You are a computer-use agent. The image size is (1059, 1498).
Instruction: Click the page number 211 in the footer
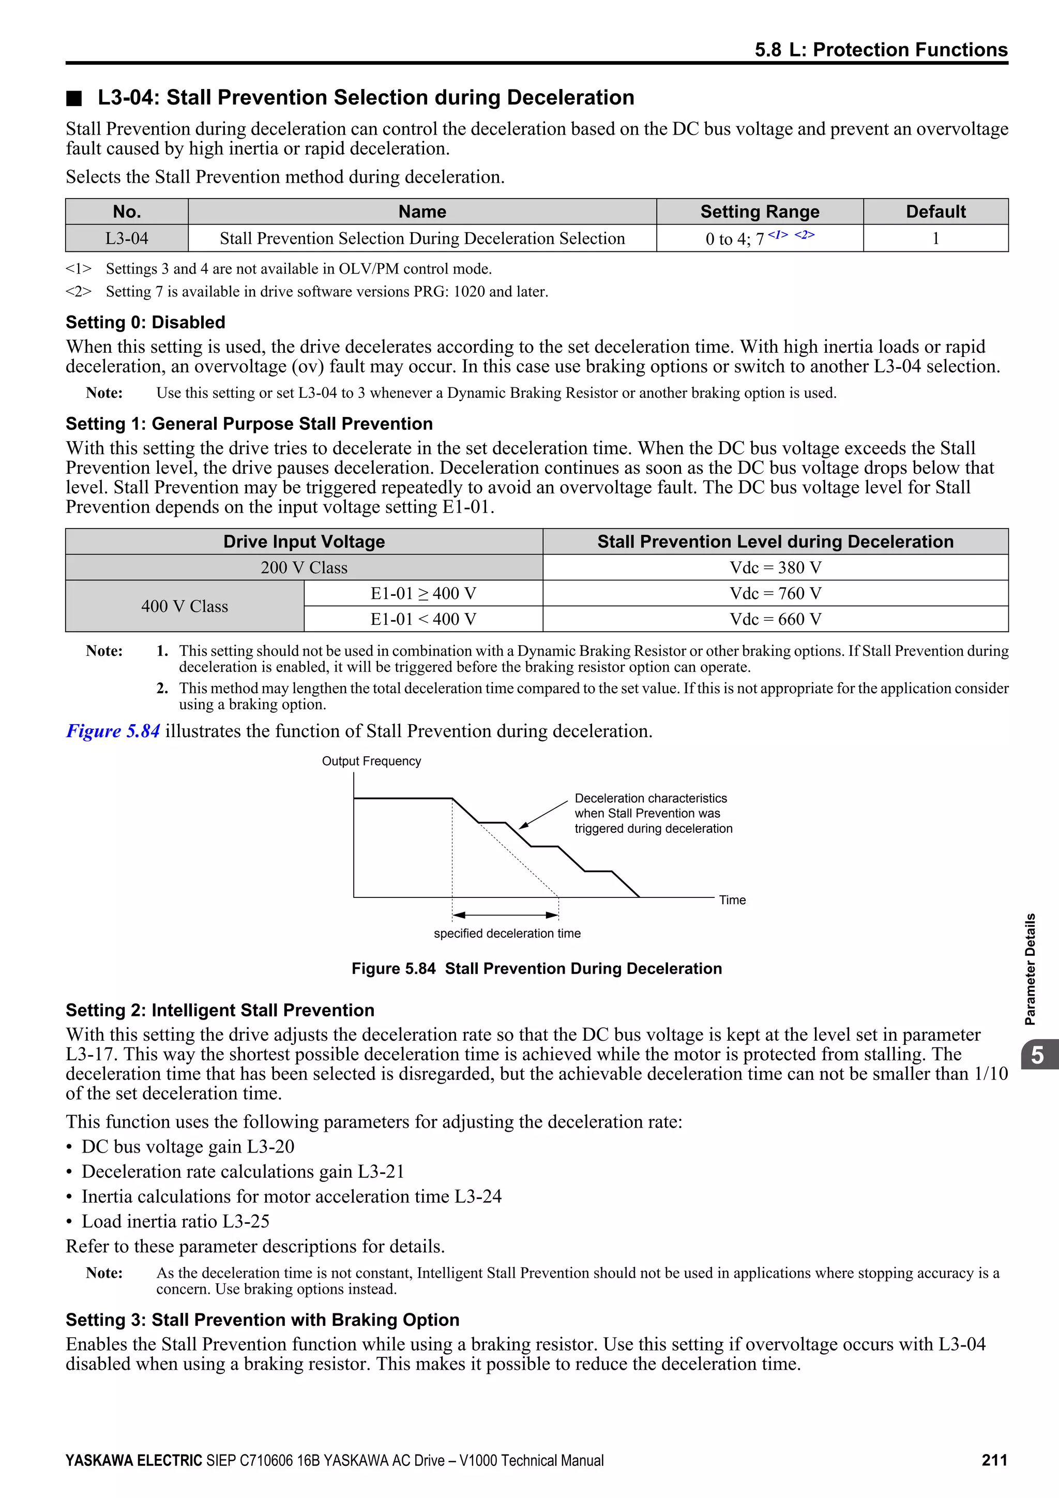[x=994, y=1460]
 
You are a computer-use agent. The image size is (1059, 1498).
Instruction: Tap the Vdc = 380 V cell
[x=775, y=567]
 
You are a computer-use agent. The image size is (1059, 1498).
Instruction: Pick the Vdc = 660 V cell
[x=775, y=619]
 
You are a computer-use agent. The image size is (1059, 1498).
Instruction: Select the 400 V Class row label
[x=185, y=607]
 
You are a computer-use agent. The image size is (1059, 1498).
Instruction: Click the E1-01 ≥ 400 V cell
[x=423, y=594]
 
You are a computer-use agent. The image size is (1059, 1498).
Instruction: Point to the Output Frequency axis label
[x=371, y=761]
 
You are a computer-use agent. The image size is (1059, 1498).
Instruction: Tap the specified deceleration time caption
[x=507, y=934]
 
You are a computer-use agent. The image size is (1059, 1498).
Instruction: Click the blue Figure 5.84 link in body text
[x=113, y=731]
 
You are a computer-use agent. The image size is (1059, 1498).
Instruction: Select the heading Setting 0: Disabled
[x=145, y=322]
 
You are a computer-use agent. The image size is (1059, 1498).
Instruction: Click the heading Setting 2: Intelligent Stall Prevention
[x=220, y=1010]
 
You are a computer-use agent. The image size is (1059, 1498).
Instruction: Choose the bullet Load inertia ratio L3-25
[x=175, y=1221]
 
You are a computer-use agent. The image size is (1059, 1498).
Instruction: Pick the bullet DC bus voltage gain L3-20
[x=187, y=1146]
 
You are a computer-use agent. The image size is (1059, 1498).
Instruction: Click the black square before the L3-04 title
[x=74, y=98]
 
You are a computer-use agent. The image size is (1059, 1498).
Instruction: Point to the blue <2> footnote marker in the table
[x=804, y=235]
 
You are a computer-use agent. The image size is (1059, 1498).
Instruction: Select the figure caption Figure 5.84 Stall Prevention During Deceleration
[x=536, y=969]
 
